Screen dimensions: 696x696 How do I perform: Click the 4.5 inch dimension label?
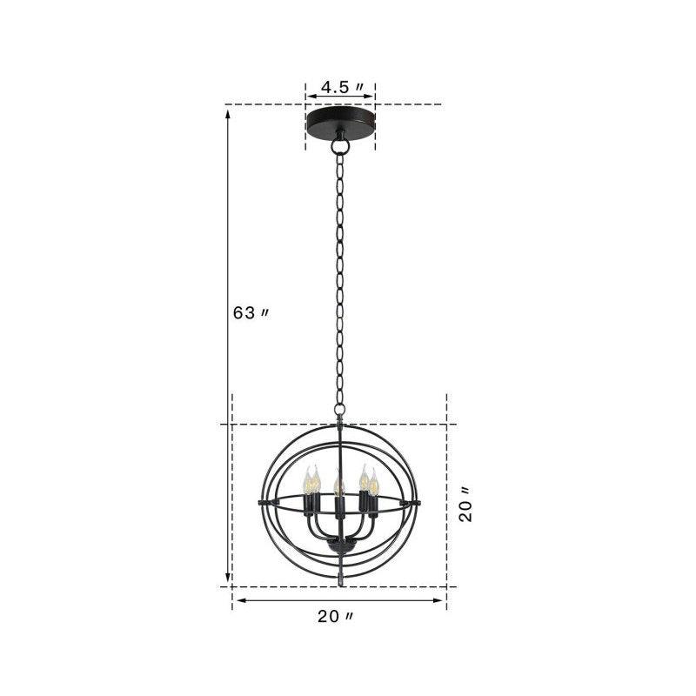click(339, 87)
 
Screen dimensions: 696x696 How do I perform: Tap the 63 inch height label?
click(250, 313)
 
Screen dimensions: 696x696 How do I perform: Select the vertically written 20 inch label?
click(467, 505)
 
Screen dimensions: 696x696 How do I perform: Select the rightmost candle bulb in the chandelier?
click(373, 481)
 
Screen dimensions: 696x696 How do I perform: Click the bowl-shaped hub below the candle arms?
click(339, 547)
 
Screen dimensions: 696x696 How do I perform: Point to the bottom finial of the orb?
click(340, 576)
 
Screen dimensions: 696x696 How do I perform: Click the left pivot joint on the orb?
click(261, 504)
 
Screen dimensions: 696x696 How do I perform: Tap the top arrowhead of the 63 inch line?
click(229, 111)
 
